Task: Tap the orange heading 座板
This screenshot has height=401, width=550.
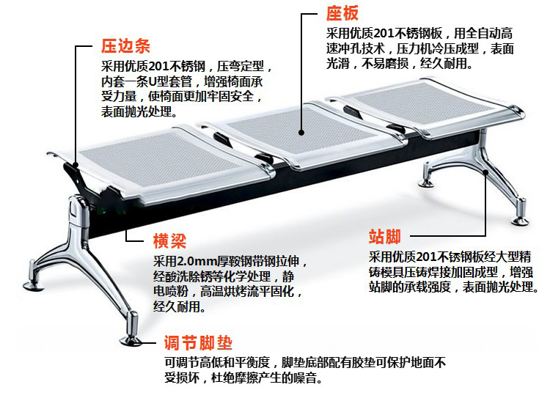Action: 343,14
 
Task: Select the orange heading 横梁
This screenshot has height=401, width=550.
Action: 170,241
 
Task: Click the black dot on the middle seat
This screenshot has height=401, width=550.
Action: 301,132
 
